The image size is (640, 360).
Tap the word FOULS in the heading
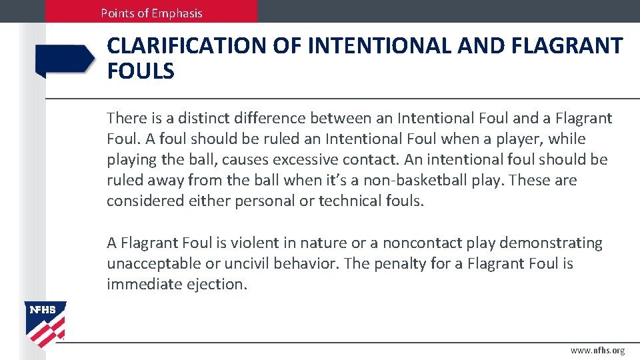141,71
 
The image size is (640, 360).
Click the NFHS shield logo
45,324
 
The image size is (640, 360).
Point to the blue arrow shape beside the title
65,60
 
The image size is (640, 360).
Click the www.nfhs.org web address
598,351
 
